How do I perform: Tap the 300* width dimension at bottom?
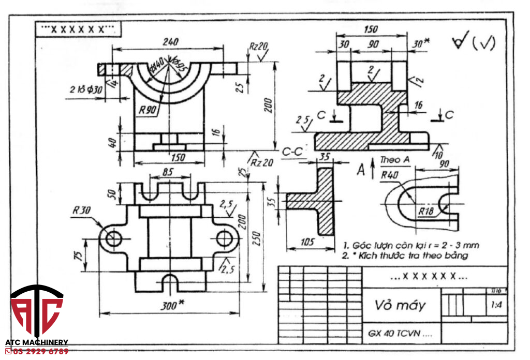tap(169, 306)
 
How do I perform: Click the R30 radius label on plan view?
tap(82, 211)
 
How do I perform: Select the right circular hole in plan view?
tap(224, 238)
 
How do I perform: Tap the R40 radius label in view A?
tap(389, 175)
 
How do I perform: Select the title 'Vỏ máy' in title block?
tap(400, 305)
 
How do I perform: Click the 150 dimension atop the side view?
tap(371, 29)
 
